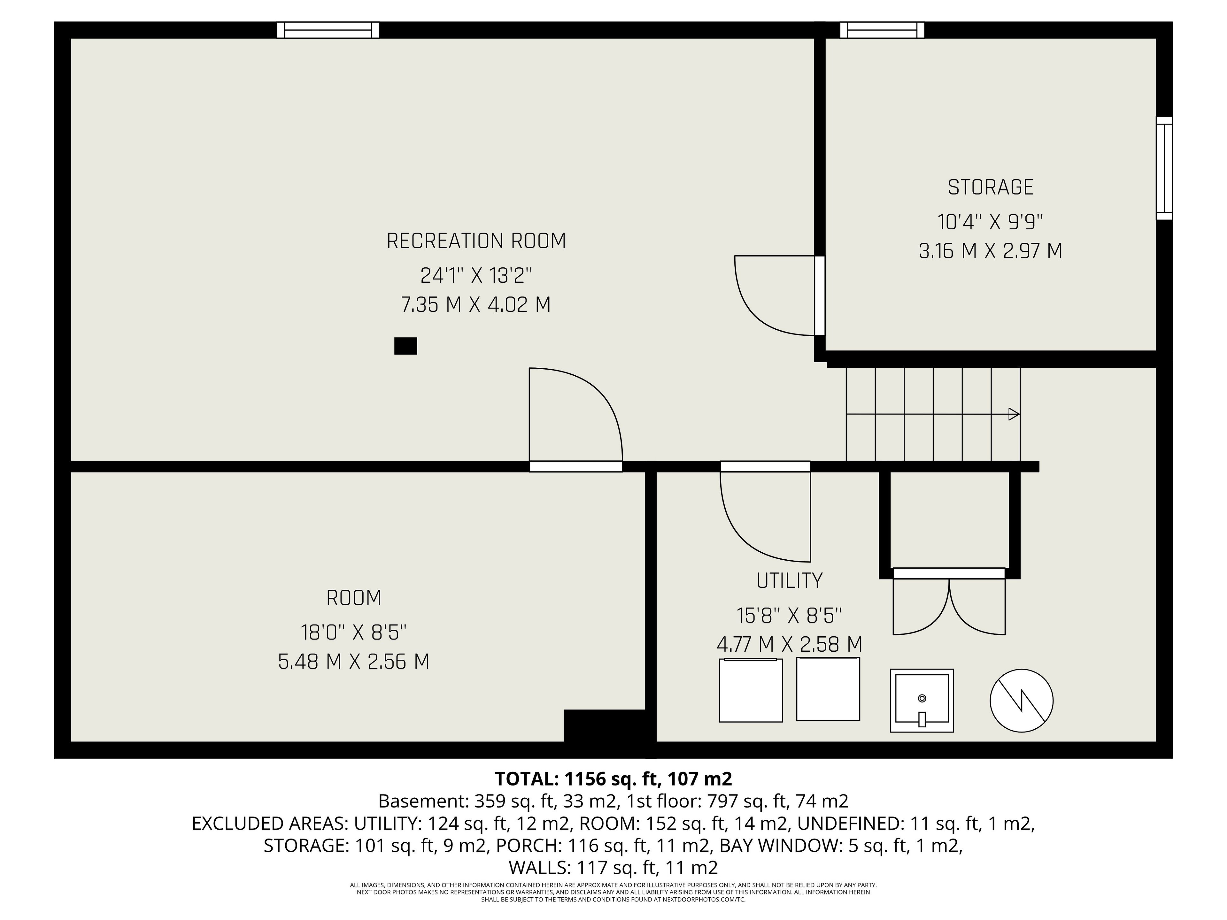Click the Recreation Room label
point(476,241)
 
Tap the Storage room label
point(990,188)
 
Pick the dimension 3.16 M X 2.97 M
point(990,251)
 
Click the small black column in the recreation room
point(405,346)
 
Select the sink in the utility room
point(922,701)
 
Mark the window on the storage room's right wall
point(1164,169)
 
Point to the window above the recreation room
point(328,30)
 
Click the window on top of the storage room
point(882,30)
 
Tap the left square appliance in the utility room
point(751,690)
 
